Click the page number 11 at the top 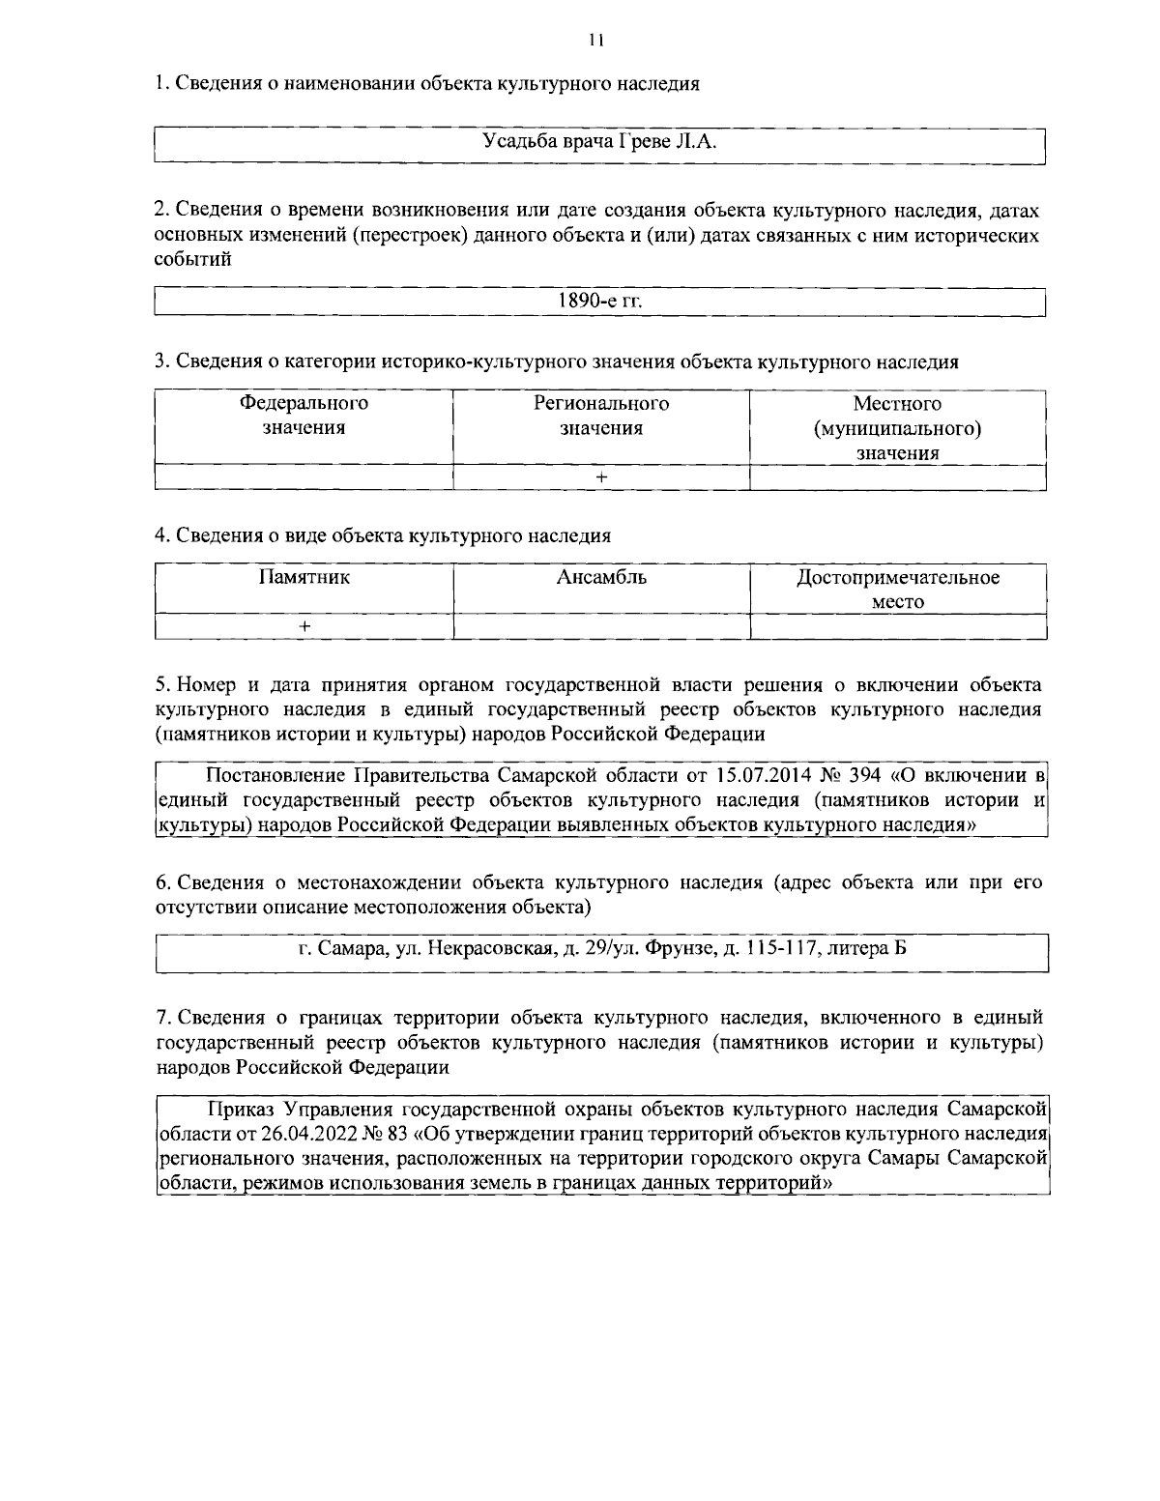point(595,40)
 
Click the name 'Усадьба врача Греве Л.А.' point(599,143)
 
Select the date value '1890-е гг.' point(599,301)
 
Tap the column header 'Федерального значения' point(304,416)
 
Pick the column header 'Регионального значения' point(601,416)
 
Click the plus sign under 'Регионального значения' point(601,477)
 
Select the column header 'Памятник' point(304,578)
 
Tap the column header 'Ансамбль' point(601,578)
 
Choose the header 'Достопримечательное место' point(897,590)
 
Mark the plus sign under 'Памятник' point(304,626)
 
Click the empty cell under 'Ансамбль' point(601,626)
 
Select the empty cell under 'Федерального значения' point(304,477)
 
